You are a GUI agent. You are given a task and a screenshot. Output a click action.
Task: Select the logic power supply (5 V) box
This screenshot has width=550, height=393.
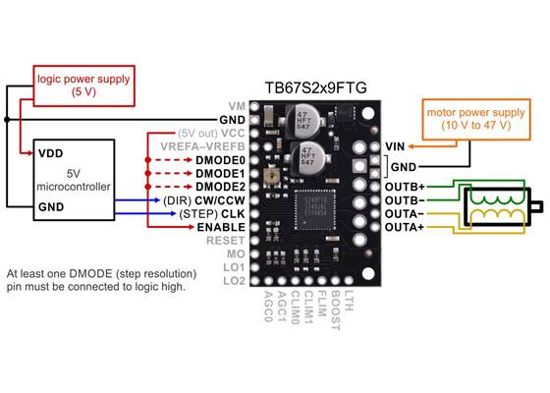coord(70,83)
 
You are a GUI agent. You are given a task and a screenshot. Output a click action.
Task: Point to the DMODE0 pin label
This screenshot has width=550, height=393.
coord(220,159)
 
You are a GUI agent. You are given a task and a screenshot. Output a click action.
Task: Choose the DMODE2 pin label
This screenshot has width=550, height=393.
coord(220,186)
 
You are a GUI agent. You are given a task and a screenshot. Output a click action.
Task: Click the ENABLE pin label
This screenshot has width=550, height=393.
coord(222,226)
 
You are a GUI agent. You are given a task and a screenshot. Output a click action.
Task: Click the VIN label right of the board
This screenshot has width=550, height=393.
coord(395,145)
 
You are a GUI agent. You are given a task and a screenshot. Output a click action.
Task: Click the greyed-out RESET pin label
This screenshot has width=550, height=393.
coord(226,240)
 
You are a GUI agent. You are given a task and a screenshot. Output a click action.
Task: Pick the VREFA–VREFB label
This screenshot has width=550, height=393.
coord(204,145)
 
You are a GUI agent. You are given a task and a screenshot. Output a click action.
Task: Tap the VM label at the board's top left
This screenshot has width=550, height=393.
coord(237,105)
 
